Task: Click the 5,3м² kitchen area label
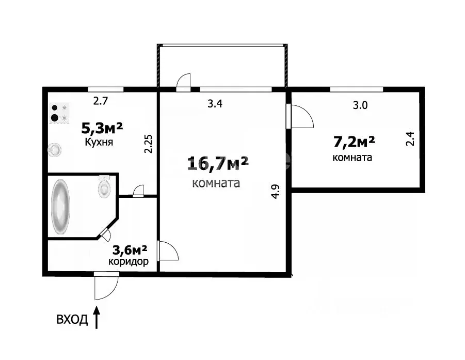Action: (102, 127)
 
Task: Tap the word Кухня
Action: (100, 142)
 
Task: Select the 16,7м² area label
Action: (218, 164)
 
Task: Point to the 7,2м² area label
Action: (354, 141)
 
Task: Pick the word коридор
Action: (129, 262)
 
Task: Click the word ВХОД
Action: (72, 320)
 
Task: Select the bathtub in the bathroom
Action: (61, 207)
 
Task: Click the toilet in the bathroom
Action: (104, 186)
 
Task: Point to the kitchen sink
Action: (55, 150)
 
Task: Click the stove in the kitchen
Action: (58, 113)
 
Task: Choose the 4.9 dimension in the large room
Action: (276, 192)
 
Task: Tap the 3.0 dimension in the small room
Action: (360, 106)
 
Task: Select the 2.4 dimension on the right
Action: (410, 139)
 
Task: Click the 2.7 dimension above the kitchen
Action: (100, 101)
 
